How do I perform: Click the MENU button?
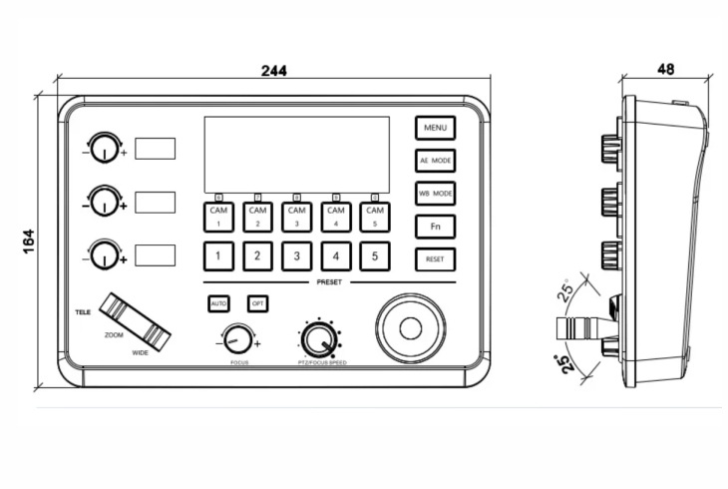point(435,128)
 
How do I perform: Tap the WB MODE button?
point(435,193)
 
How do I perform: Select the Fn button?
point(435,227)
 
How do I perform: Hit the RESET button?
point(435,259)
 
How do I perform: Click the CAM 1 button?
point(218,216)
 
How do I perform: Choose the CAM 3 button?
point(296,216)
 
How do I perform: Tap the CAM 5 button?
point(375,216)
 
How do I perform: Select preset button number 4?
point(336,256)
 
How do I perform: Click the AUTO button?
point(218,302)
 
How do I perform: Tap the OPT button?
point(257,302)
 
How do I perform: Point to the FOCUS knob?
point(237,339)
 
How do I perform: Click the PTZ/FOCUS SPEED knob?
point(318,340)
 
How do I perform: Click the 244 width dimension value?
point(274,71)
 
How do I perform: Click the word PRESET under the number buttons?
point(330,282)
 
